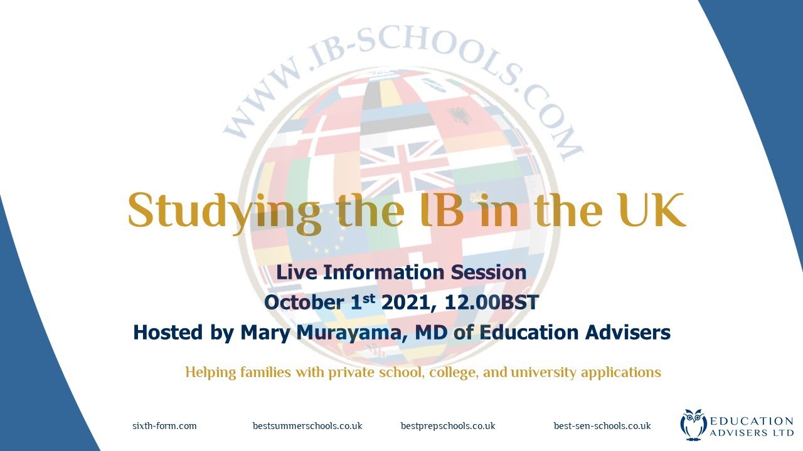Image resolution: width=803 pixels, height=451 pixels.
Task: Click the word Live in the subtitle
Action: point(297,272)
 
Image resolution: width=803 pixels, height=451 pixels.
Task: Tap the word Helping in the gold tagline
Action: point(210,372)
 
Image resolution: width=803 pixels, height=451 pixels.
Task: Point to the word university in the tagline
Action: point(544,372)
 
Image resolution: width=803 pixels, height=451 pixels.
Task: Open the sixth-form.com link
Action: point(164,426)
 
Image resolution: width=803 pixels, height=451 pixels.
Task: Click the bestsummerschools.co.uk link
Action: point(307,426)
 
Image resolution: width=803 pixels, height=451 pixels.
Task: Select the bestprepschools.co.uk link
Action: point(448,426)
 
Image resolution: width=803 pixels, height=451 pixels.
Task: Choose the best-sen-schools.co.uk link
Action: point(602,426)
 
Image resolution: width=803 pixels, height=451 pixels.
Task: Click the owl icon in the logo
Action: point(693,424)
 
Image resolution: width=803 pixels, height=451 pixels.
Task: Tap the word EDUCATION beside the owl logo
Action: point(752,421)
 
